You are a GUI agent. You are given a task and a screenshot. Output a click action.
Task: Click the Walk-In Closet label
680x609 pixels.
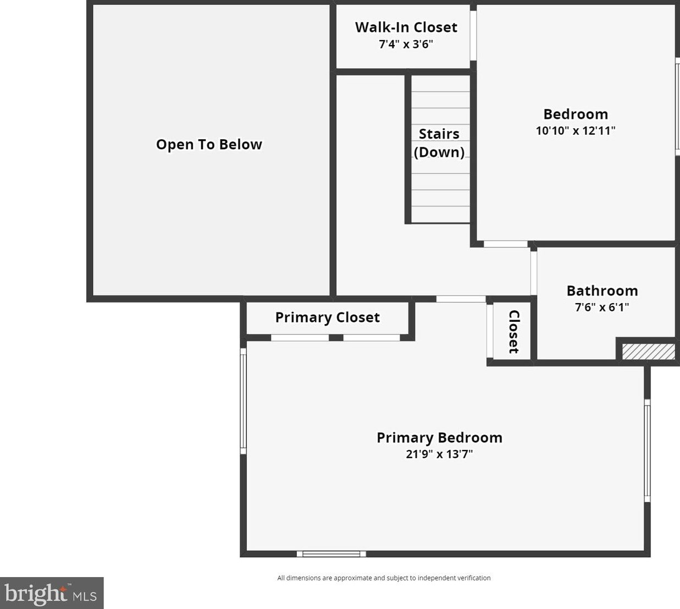(406, 27)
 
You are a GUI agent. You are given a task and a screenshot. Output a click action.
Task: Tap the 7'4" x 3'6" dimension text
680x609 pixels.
(406, 44)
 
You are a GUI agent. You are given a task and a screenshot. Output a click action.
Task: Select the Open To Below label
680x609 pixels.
(209, 145)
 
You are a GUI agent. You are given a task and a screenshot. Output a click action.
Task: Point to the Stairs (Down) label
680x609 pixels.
(439, 143)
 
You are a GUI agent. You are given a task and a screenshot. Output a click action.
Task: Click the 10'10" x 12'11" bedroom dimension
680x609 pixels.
(576, 130)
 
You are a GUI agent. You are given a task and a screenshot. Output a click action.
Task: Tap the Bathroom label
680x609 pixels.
(602, 291)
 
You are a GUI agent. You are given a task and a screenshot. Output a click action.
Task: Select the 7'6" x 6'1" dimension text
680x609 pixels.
(602, 307)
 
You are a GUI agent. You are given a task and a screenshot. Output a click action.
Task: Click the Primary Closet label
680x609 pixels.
(328, 317)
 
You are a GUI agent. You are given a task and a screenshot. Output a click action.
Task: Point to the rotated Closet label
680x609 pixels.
(514, 332)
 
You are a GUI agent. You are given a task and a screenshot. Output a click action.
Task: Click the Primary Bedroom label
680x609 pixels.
(440, 438)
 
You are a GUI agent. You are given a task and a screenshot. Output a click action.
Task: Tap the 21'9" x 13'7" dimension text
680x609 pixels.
(439, 454)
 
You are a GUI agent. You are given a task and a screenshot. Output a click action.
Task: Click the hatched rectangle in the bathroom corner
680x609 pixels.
(649, 352)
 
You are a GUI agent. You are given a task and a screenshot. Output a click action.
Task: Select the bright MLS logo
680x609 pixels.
(52, 593)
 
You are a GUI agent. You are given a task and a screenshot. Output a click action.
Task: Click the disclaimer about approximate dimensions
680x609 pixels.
(384, 578)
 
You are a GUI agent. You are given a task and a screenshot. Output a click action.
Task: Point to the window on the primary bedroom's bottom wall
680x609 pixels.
(331, 554)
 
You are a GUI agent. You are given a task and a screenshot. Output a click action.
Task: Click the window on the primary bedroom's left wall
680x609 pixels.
(244, 401)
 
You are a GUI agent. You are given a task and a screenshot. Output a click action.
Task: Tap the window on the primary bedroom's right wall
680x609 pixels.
(648, 451)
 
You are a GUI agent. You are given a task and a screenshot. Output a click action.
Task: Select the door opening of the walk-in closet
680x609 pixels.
(473, 36)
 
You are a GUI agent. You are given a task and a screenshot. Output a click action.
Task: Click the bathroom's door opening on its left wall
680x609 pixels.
(534, 273)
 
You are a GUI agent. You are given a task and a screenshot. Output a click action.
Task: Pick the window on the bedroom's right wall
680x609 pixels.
(678, 107)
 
